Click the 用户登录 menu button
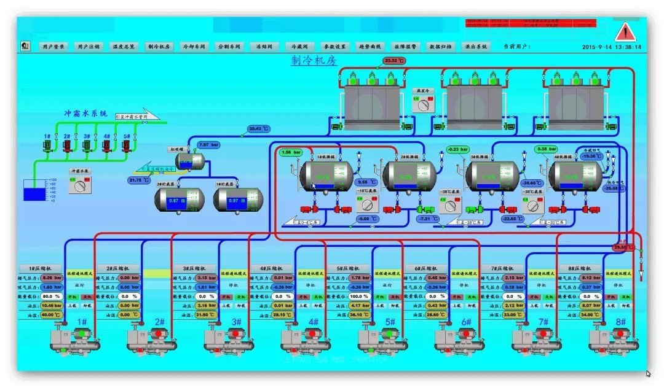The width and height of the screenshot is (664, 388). (52, 46)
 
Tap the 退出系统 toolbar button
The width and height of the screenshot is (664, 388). (476, 46)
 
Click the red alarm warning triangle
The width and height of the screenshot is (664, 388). (625, 31)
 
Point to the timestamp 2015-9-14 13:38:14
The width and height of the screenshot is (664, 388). (611, 47)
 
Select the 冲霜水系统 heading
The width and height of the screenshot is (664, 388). (86, 114)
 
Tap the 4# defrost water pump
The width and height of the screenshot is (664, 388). (106, 145)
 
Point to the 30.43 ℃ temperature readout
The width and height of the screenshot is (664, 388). (259, 129)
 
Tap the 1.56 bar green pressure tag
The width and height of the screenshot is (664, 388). (291, 152)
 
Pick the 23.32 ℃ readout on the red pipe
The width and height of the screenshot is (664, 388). (394, 61)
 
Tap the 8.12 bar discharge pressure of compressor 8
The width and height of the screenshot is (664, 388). (588, 278)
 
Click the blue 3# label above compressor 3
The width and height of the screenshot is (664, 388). (236, 322)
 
